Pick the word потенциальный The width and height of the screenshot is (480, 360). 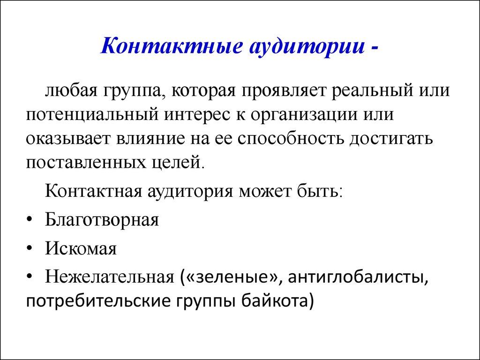pos(94,114)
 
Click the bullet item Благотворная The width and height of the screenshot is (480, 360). pos(102,220)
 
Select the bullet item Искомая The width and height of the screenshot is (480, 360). pos(81,248)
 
